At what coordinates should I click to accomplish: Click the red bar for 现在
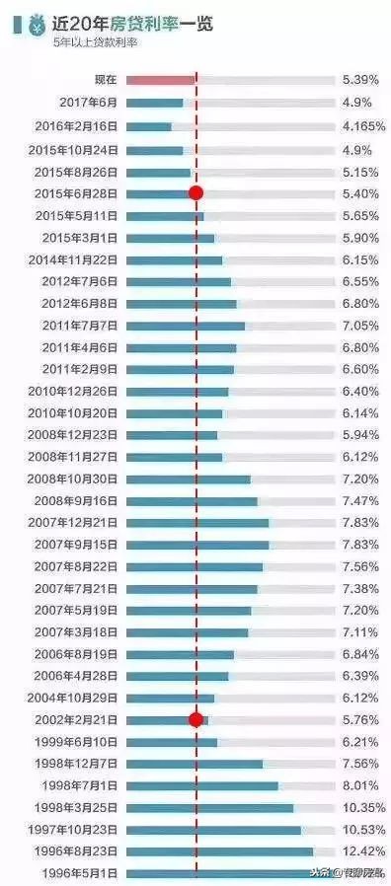[160, 79]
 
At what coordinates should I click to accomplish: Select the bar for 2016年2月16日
[148, 126]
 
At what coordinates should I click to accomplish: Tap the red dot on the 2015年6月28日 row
[195, 193]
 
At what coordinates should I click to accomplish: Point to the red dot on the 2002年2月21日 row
[195, 719]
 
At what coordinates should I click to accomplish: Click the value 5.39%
[360, 79]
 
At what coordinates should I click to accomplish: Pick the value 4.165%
[360, 126]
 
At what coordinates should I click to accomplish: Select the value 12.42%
[360, 850]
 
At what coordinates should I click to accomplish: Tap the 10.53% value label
[360, 829]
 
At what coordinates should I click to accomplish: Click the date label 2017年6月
[88, 102]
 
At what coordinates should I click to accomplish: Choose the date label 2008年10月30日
[78, 479]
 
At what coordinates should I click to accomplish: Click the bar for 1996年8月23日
[219, 850]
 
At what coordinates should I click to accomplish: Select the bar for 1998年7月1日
[202, 785]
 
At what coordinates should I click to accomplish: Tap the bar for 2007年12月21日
[197, 522]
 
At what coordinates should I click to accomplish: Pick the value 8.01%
[360, 785]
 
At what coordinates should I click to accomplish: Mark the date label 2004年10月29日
[78, 698]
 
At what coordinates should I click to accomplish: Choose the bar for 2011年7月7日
[186, 325]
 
